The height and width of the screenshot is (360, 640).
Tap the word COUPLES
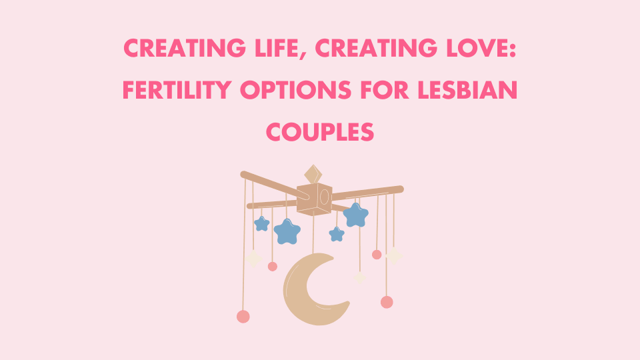[x=320, y=131]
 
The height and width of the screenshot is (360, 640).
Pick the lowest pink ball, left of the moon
[x=243, y=316]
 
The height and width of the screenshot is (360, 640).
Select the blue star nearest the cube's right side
[x=355, y=215]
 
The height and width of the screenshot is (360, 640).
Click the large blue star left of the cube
[x=287, y=231]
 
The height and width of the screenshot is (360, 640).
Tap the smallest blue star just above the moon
[x=337, y=234]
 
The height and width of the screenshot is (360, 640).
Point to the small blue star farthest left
[x=262, y=223]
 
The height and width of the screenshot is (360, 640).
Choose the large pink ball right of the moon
[x=387, y=302]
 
